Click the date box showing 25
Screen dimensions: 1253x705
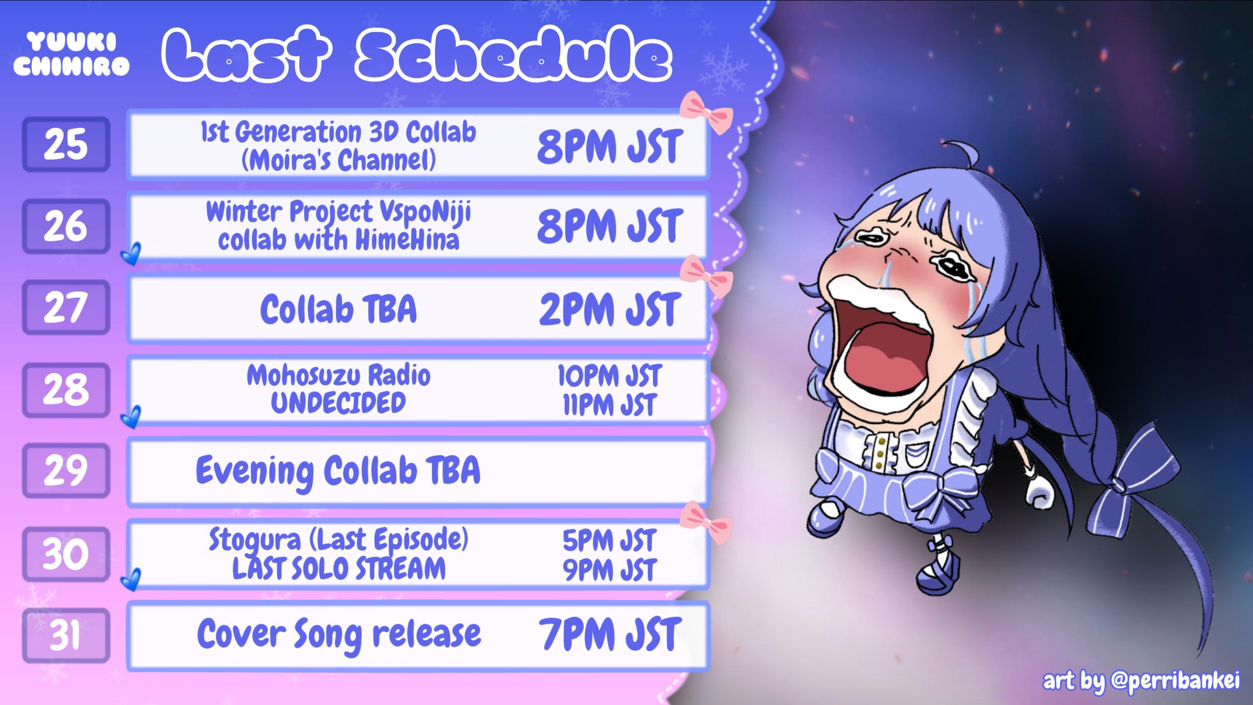pyautogui.click(x=66, y=144)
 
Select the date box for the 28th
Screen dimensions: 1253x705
pyautogui.click(x=66, y=390)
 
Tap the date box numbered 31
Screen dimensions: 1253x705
pyautogui.click(x=66, y=635)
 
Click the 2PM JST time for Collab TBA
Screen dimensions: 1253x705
pyautogui.click(x=609, y=310)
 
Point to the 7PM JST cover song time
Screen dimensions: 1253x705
pyautogui.click(x=609, y=635)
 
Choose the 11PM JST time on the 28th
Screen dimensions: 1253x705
pyautogui.click(x=609, y=405)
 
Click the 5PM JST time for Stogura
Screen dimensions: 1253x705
pyautogui.click(x=609, y=540)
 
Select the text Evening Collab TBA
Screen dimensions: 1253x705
pyautogui.click(x=338, y=471)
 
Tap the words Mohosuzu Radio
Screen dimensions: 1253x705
pyautogui.click(x=338, y=375)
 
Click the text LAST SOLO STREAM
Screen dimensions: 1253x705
pyautogui.click(x=338, y=569)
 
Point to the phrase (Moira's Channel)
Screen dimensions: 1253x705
pyautogui.click(x=338, y=160)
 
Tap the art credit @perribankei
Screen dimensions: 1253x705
pyautogui.click(x=1175, y=681)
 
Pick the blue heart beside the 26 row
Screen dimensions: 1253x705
pyautogui.click(x=131, y=253)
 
